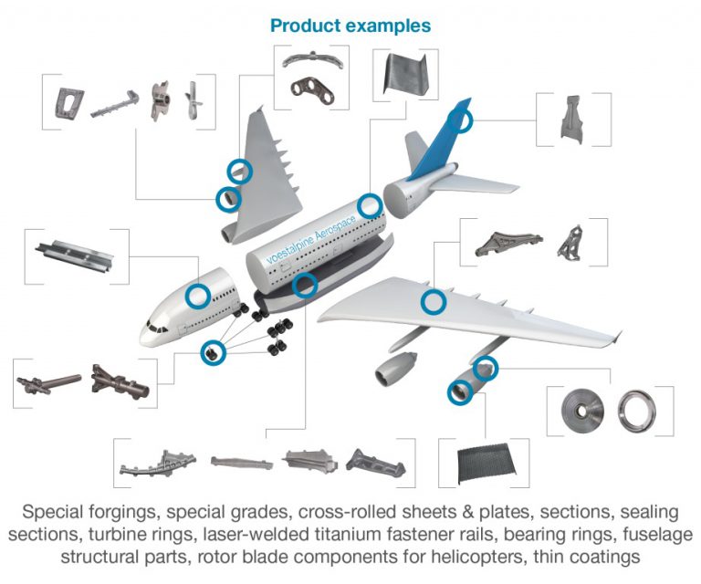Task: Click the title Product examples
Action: coord(350,26)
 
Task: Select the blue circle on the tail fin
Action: coord(463,120)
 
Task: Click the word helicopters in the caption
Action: coord(494,555)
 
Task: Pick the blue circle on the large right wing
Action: coord(434,302)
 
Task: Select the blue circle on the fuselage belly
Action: coord(306,286)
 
